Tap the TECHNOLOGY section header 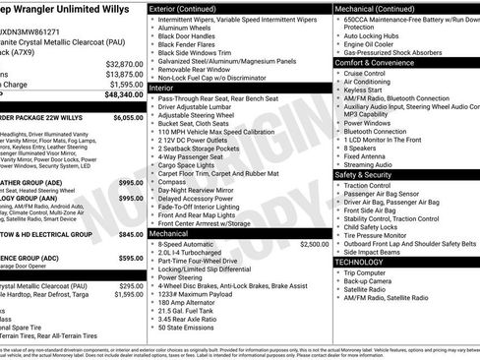(362, 263)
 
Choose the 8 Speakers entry (362, 146)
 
